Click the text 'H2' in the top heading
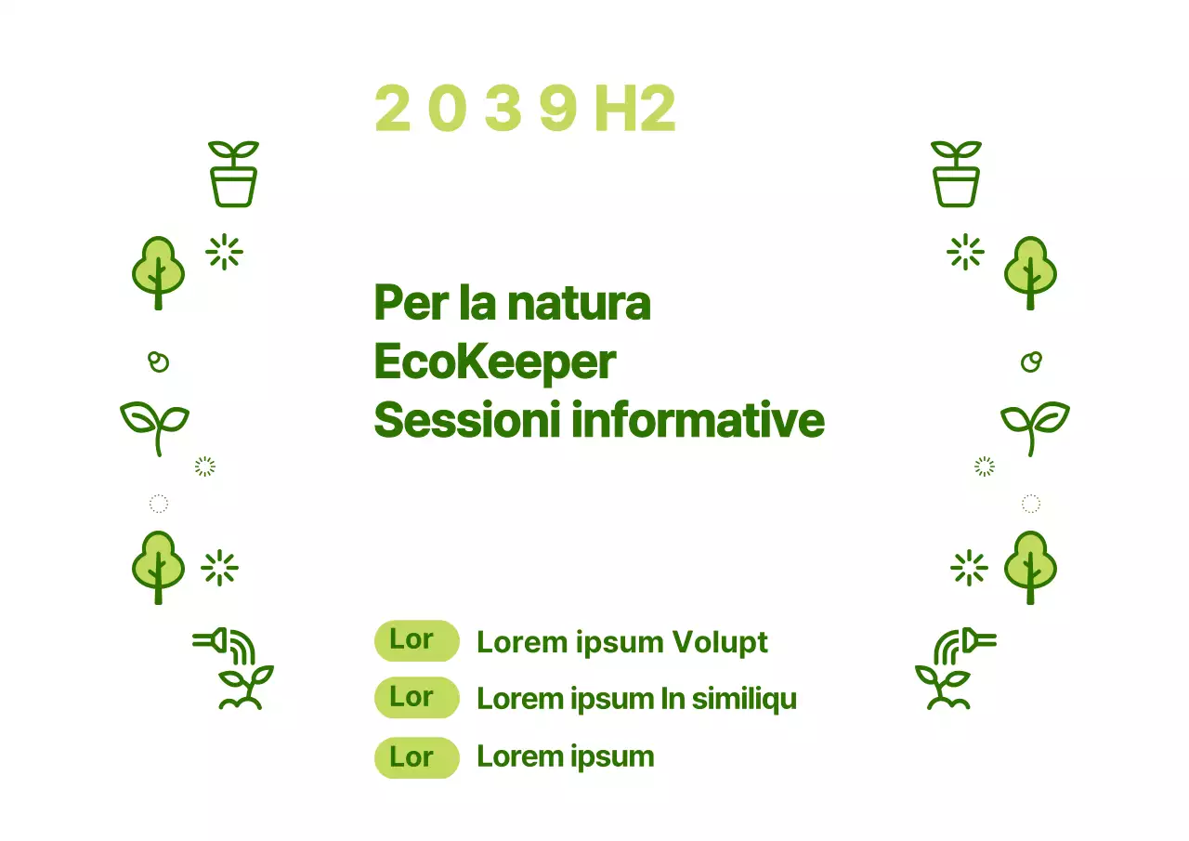634,109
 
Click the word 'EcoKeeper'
494,361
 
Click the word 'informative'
698,420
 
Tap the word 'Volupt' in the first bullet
720,642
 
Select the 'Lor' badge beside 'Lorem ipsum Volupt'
416,640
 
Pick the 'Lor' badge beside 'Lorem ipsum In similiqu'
416,698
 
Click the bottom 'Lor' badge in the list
416,757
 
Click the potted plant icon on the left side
233,174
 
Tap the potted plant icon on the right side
956,174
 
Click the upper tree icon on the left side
158,272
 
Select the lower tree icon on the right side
1030,567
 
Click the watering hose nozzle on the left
212,639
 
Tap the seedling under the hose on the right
943,688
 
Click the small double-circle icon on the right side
1031,361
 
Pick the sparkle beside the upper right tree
965,252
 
